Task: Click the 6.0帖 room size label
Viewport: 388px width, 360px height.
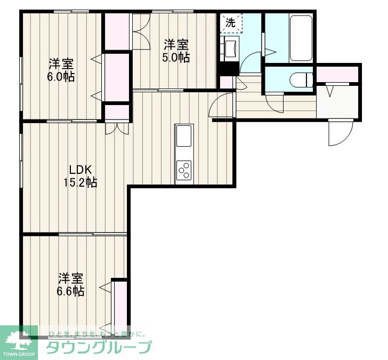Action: [61, 76]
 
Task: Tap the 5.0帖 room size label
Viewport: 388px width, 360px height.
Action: [176, 58]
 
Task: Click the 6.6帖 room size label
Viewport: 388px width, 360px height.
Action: [71, 291]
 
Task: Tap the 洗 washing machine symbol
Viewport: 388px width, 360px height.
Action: [231, 22]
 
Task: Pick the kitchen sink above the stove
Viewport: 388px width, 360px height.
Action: [183, 136]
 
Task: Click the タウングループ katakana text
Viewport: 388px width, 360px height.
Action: [99, 348]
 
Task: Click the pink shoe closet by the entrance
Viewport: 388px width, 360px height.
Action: [338, 74]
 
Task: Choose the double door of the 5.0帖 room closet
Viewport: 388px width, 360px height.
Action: [141, 31]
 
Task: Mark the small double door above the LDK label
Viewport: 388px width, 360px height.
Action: [117, 127]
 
